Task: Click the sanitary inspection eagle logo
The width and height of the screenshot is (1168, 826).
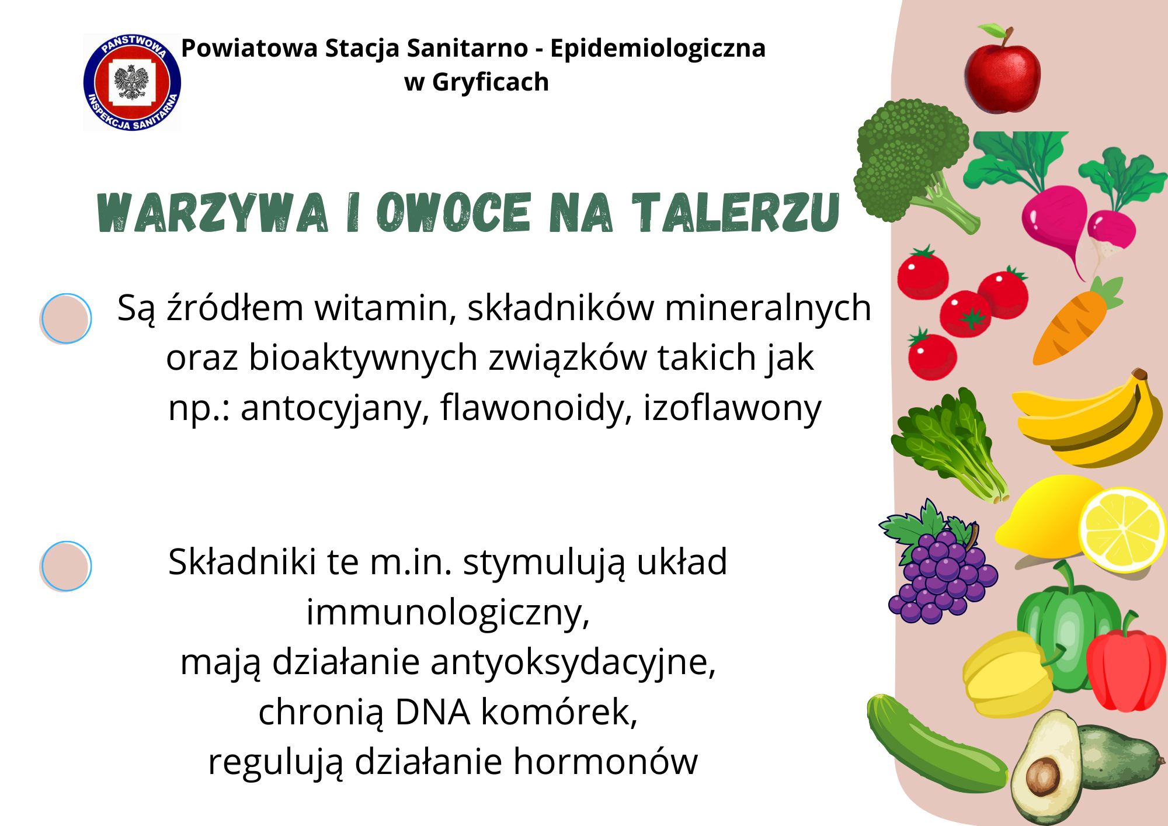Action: coord(132,82)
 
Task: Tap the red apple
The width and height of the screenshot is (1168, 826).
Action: coord(1002,69)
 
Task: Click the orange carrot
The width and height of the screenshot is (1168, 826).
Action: coord(1076,321)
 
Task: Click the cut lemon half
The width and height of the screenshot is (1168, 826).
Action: coord(1122,530)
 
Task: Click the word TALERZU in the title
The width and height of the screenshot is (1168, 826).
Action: coord(736,213)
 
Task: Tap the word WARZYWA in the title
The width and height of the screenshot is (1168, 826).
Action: coord(213,213)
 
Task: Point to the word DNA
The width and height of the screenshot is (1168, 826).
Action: coord(433,712)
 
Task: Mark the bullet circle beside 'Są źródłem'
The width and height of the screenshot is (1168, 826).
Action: coord(66,318)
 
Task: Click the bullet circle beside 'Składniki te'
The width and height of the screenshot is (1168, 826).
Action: coord(66,566)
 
